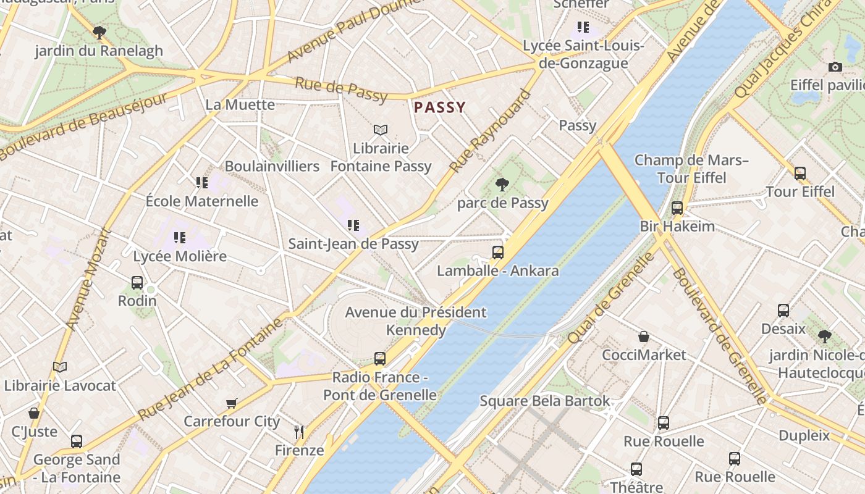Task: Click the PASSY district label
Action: (439, 107)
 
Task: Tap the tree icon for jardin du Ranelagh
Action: (99, 32)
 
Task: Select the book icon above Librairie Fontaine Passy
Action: (381, 130)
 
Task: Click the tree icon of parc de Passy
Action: (502, 184)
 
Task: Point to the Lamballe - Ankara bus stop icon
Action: (497, 252)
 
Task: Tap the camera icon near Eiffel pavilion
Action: (835, 67)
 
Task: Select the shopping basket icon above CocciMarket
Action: (644, 337)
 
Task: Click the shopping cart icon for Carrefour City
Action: (232, 403)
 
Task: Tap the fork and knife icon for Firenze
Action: (300, 432)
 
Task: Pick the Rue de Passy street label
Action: (340, 90)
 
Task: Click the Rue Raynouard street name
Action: (490, 132)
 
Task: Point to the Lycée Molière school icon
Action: (180, 237)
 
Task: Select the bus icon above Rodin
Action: (137, 283)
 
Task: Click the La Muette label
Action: (240, 104)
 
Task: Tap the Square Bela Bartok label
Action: (545, 401)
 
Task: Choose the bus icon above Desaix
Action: (783, 310)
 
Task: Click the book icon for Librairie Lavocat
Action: (60, 367)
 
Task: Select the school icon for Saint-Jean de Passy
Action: (353, 225)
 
